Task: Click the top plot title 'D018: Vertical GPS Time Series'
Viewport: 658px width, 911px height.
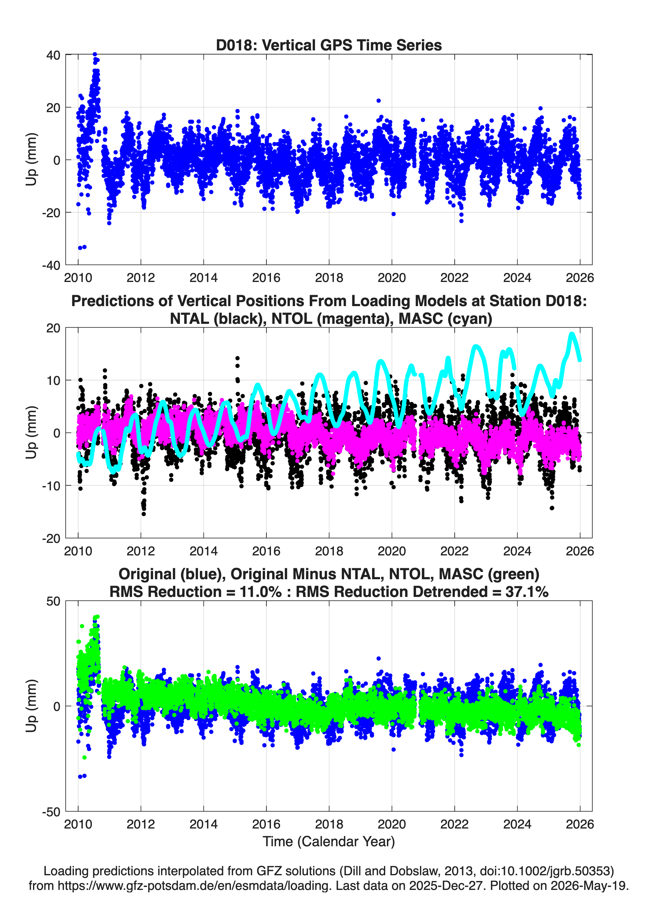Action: click(x=329, y=45)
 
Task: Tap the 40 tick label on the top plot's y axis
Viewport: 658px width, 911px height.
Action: click(x=53, y=55)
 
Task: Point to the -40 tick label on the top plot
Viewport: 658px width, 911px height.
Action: click(x=51, y=265)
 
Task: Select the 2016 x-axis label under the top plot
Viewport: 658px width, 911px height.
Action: click(x=266, y=278)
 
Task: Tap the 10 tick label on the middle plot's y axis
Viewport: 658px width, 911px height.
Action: click(x=53, y=380)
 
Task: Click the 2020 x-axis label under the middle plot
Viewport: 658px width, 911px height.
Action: click(x=392, y=551)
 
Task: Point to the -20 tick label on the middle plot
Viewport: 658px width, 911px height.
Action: click(x=51, y=538)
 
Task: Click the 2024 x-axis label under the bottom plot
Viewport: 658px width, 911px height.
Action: click(x=517, y=824)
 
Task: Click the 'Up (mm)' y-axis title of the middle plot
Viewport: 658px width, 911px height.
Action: click(x=31, y=433)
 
